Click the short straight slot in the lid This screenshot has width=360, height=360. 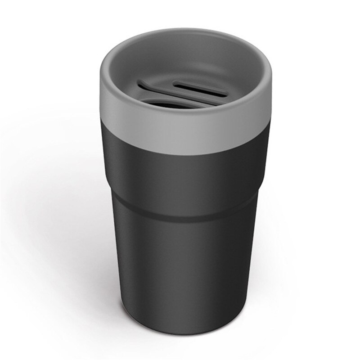click(x=201, y=89)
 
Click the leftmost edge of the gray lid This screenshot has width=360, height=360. click(x=101, y=90)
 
